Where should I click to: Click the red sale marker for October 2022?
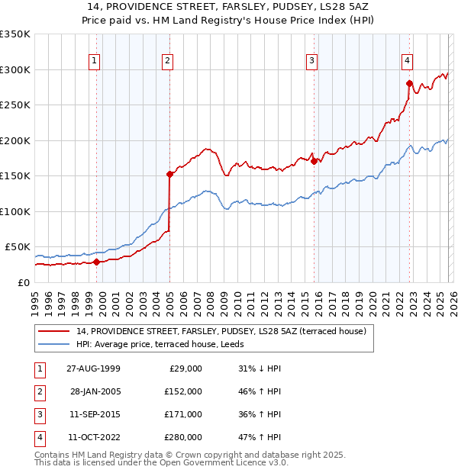pyautogui.click(x=410, y=84)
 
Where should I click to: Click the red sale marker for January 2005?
pyautogui.click(x=169, y=174)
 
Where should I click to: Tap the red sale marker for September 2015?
pyautogui.click(x=314, y=161)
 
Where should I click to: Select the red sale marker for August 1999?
pyautogui.click(x=97, y=262)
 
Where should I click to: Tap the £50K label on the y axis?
pyautogui.click(x=18, y=247)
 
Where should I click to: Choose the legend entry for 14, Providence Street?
pyautogui.click(x=221, y=331)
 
